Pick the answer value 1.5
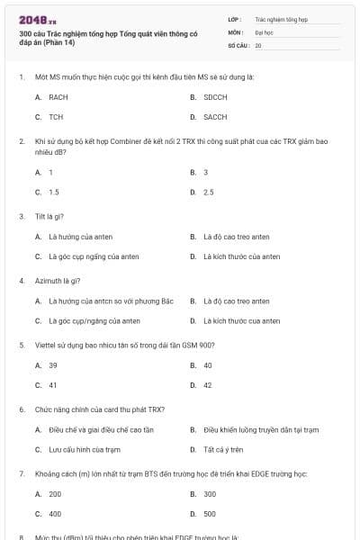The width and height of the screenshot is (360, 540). (x=54, y=192)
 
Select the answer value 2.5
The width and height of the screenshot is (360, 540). (x=209, y=192)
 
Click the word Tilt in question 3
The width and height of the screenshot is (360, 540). (x=39, y=216)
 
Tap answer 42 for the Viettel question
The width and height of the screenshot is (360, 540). (x=208, y=386)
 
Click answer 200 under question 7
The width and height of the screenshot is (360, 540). (x=55, y=494)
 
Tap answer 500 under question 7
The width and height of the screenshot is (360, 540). (x=210, y=515)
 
